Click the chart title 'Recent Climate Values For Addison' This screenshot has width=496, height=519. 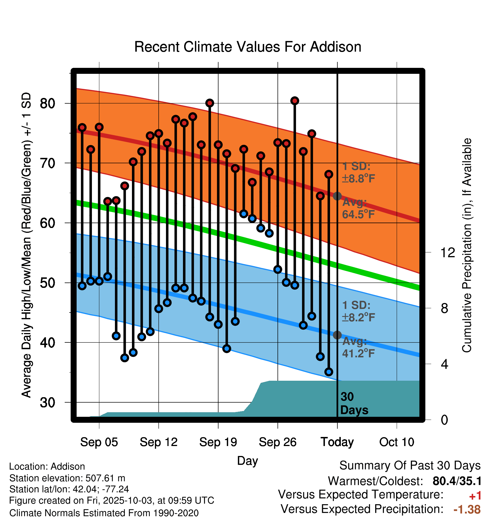248,47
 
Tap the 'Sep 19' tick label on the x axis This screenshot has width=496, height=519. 218,442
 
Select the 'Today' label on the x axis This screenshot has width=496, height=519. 337,442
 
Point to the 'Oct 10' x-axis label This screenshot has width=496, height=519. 397,442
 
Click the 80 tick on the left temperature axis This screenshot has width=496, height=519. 47,103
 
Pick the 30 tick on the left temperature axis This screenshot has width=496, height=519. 47,403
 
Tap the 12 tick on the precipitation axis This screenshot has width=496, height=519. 447,252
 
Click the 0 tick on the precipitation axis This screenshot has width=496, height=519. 444,420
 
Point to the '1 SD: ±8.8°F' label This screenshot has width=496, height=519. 358,172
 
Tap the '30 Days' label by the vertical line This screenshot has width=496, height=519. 354,403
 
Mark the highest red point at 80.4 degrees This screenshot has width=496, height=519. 295,101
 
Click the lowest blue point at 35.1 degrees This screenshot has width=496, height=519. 329,372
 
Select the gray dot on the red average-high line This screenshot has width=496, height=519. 337,196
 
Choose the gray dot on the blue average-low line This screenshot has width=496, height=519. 337,335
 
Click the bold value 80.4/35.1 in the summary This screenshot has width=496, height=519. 457,481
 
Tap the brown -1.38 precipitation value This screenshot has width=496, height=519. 467,509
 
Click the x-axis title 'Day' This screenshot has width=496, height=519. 247,461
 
